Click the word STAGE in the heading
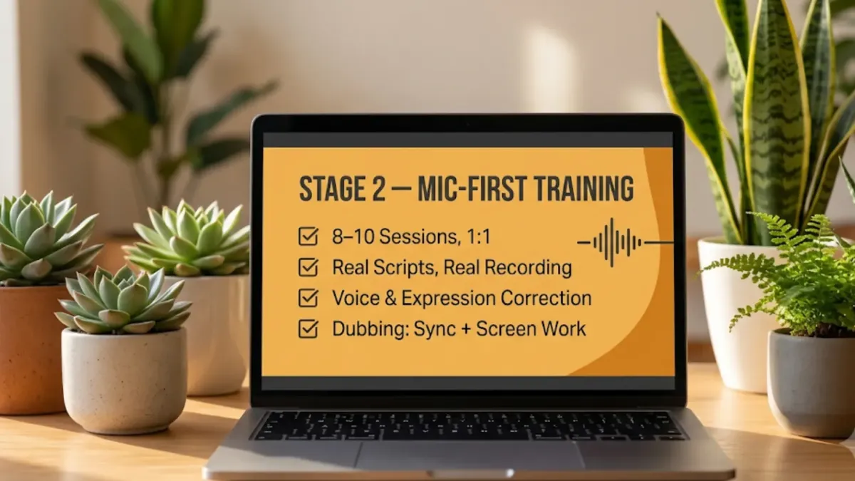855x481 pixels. tap(331, 189)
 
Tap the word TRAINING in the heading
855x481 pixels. tap(584, 189)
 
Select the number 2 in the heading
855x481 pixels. tap(378, 189)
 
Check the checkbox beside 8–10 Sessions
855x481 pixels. tap(308, 237)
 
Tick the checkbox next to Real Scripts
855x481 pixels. tap(308, 267)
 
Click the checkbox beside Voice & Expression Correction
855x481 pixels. tap(308, 298)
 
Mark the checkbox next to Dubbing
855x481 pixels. tap(308, 329)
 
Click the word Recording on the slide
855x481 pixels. tap(528, 268)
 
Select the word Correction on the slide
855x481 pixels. tap(546, 298)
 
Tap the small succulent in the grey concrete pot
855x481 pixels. tap(123, 300)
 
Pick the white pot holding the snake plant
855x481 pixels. tap(737, 313)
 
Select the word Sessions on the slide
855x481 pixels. tap(419, 237)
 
